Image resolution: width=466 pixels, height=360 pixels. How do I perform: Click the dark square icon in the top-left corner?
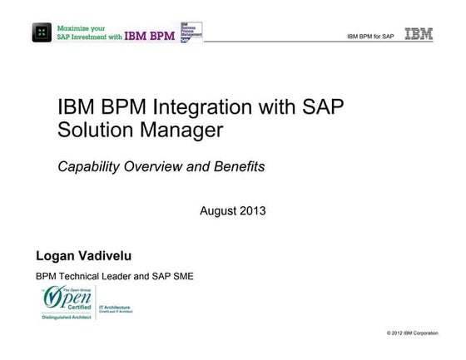41,33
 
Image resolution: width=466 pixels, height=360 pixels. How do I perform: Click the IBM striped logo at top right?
418,34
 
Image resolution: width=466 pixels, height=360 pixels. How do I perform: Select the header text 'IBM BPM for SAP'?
370,37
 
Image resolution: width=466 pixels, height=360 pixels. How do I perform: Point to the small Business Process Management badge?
191,32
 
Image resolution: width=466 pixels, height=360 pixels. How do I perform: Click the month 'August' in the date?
219,210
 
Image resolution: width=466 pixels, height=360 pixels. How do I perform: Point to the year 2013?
252,210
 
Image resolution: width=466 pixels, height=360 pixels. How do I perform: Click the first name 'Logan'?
54,253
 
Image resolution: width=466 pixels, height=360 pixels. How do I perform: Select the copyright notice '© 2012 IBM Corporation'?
412,333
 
